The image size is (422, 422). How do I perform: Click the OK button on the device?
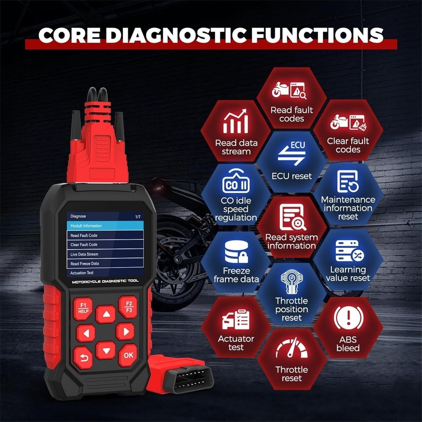coord(128,355)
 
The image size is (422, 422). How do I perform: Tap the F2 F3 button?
coord(127,307)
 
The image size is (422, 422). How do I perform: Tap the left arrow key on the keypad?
coord(86,333)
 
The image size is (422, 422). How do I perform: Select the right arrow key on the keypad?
coord(125,331)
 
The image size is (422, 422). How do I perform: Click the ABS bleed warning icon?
coord(348,318)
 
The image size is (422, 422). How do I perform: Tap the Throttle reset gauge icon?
coord(292,348)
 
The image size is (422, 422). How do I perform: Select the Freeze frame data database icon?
coord(236,252)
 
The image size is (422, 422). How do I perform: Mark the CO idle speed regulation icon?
coord(236,182)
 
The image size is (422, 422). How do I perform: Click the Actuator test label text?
coord(236,343)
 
